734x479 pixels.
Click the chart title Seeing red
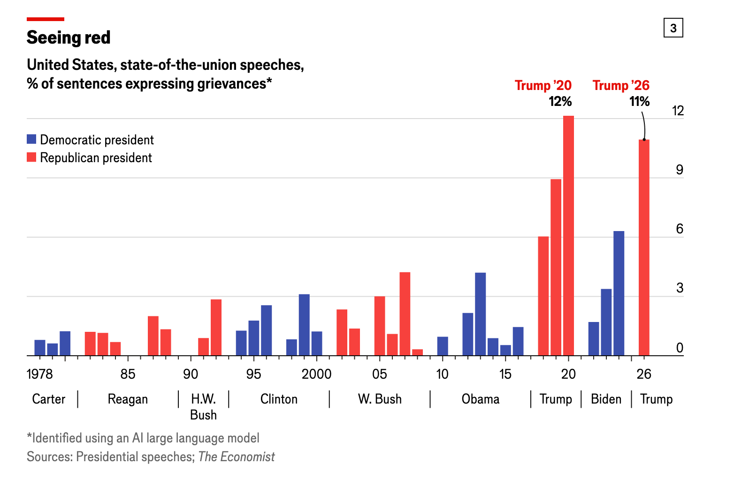69,37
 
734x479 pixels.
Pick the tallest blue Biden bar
619,293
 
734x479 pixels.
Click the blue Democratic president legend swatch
31,139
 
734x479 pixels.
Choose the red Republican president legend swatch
31,157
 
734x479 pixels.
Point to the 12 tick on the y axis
678,111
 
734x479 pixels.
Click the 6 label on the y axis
679,229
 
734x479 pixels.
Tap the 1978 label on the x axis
40,374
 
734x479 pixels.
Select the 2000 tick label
316,374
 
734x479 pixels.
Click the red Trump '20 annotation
543,85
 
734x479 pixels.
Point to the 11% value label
639,101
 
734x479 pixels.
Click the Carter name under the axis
48,399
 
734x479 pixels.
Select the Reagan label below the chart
128,399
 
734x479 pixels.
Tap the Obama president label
480,399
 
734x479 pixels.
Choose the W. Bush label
380,399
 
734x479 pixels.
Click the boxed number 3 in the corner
673,28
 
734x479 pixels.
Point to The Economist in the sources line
237,457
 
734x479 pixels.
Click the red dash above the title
46,19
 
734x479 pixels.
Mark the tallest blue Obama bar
480,314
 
